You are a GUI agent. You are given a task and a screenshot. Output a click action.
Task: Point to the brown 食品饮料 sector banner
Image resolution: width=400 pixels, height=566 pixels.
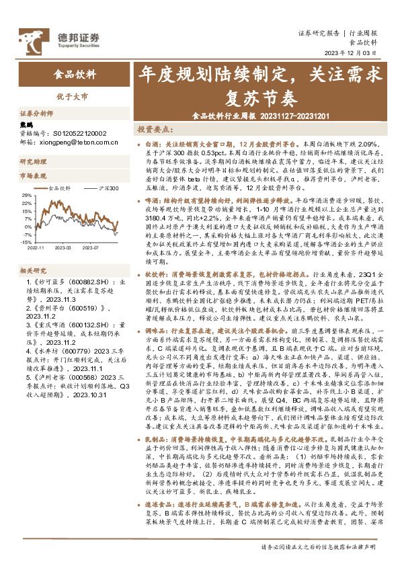pyautogui.click(x=75, y=75)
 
